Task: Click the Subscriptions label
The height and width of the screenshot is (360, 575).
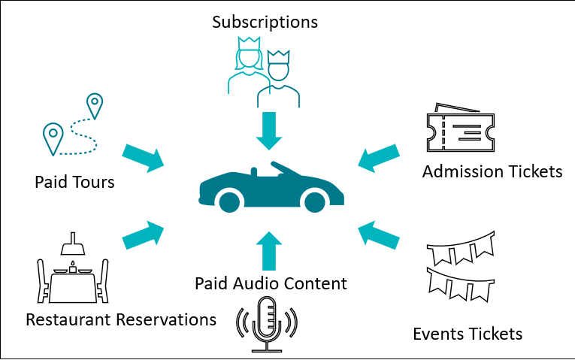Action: (265, 21)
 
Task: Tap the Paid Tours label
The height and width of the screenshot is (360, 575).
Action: (74, 182)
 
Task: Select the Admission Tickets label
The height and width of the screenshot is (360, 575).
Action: (492, 172)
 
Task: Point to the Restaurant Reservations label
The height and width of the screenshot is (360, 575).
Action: (121, 319)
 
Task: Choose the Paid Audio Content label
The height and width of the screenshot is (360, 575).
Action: (271, 283)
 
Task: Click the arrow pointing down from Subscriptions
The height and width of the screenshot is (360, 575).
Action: (268, 130)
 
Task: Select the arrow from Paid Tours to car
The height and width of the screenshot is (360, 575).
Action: (143, 155)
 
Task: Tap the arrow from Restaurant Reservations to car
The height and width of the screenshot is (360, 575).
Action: (143, 235)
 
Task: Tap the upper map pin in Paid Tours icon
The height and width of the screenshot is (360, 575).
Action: (94, 105)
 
